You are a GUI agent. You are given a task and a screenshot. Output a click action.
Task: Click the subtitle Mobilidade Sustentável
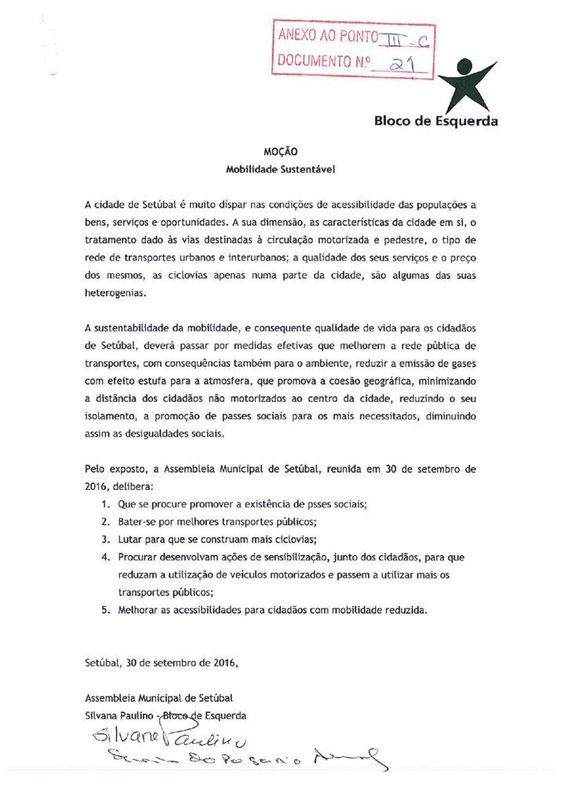point(284,169)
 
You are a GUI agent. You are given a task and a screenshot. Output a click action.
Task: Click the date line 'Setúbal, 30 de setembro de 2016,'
point(161,662)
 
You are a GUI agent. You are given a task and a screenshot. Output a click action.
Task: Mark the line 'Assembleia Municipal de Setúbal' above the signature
point(158,698)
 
